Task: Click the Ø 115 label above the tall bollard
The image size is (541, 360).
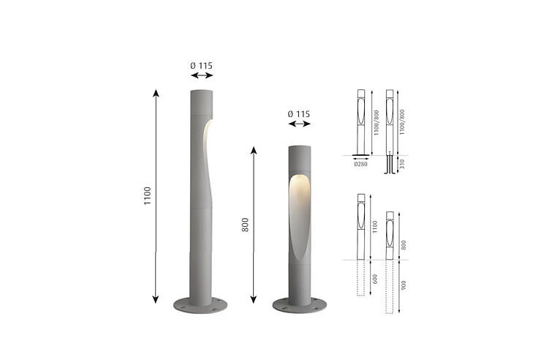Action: tap(202, 66)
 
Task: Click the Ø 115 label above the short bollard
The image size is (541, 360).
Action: tap(299, 114)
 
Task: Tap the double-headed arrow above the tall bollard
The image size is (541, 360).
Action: tap(202, 75)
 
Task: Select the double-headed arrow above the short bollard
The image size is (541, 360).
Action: tap(300, 124)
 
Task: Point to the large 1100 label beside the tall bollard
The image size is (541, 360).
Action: tap(148, 195)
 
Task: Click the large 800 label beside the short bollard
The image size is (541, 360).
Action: tap(245, 225)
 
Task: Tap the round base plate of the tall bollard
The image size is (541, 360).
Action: tap(200, 305)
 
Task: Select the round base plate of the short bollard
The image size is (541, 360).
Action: tap(300, 305)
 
